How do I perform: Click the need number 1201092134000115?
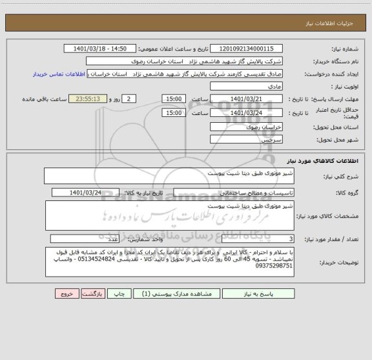tap(246, 48)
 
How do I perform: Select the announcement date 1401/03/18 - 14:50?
tap(101, 48)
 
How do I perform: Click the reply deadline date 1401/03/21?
tap(246, 99)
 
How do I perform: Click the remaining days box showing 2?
tap(130, 99)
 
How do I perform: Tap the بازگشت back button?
tap(94, 293)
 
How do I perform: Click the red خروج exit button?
tap(65, 293)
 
